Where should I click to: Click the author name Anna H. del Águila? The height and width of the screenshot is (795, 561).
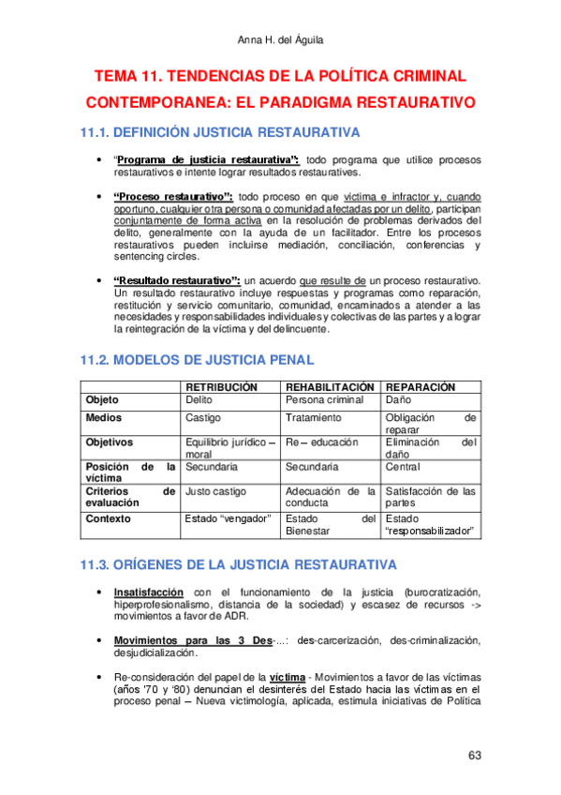pyautogui.click(x=280, y=38)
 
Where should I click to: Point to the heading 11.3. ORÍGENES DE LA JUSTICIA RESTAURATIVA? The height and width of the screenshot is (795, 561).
pyautogui.click(x=240, y=564)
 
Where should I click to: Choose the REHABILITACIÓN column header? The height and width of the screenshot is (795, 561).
pyautogui.click(x=331, y=386)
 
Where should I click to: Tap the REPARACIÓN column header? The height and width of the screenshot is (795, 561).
pyautogui.click(x=421, y=386)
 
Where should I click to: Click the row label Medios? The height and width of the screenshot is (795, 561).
pyautogui.click(x=105, y=417)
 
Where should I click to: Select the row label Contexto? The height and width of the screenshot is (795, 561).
pyautogui.click(x=110, y=518)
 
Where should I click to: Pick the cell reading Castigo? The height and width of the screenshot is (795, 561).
pyautogui.click(x=203, y=417)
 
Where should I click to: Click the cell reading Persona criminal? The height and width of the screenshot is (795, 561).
pyautogui.click(x=323, y=400)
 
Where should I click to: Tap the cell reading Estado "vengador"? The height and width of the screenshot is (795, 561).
pyautogui.click(x=229, y=518)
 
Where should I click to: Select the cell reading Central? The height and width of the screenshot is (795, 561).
pyautogui.click(x=404, y=466)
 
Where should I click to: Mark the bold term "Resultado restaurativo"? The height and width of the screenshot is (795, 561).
pyautogui.click(x=177, y=280)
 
